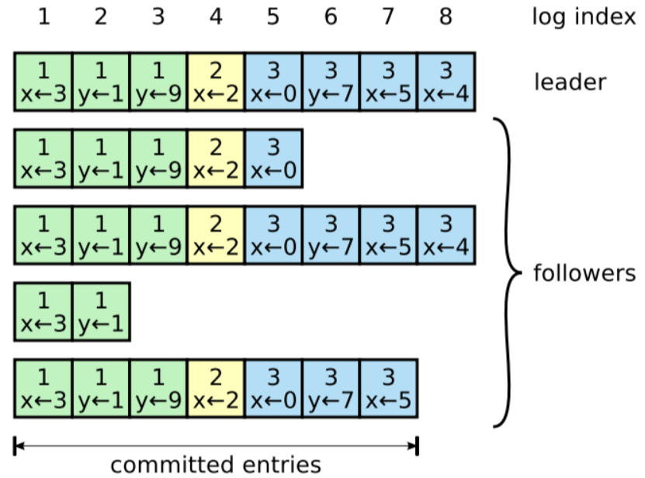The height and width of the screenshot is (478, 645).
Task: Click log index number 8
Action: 445,16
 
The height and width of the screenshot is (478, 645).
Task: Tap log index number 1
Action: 43,16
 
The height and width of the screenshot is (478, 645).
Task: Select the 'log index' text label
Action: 583,16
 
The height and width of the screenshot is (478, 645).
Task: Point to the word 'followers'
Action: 584,273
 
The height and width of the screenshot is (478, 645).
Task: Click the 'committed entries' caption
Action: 215,465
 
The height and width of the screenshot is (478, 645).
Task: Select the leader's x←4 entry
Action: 446,82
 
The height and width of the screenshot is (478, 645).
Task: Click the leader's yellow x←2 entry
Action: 216,82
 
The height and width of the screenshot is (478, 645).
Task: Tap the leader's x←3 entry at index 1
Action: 43,82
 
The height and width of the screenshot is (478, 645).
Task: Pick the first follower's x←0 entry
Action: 273,159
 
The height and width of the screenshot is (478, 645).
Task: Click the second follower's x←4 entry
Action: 446,235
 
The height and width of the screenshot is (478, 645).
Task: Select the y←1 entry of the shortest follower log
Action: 101,312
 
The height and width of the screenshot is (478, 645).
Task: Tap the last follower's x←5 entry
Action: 388,388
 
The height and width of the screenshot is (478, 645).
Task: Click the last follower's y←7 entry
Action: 331,388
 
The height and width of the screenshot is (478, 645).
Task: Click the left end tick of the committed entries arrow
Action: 15,445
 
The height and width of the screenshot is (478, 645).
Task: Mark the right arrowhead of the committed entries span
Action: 414,445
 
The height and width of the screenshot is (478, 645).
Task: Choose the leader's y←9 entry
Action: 158,82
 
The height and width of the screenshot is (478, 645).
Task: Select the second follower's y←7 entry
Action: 331,235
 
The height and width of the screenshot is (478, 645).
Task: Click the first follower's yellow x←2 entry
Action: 216,159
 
